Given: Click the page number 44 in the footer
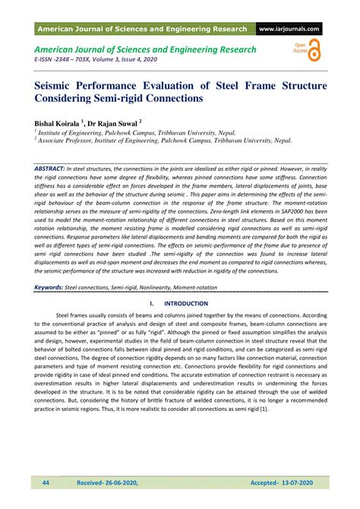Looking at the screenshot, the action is [45, 482].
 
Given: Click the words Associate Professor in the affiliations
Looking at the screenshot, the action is [68, 141].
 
